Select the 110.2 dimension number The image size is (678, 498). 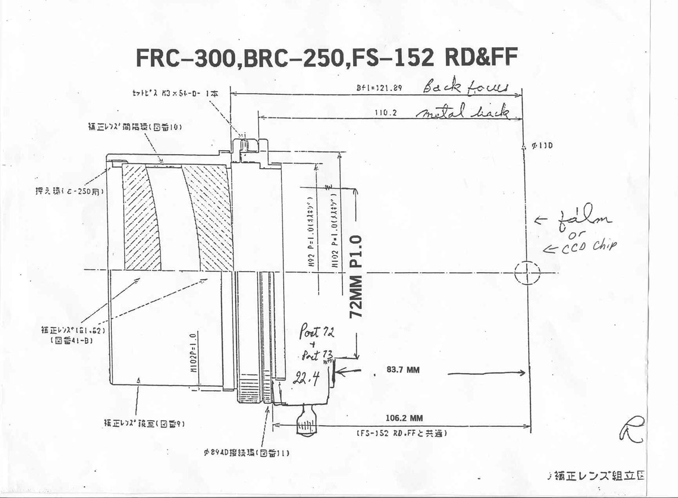(385, 113)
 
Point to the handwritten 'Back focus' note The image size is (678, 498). (467, 87)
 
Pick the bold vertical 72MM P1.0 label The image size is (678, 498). (357, 277)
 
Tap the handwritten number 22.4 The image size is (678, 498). (304, 379)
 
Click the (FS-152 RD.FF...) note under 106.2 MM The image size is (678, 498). (402, 434)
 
